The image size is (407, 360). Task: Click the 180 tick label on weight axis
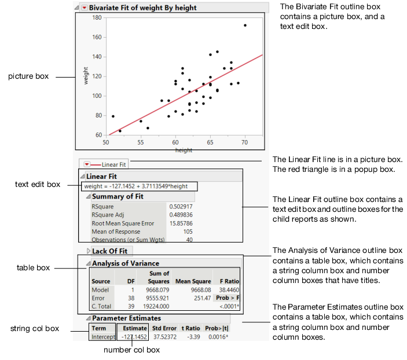tap(97, 17)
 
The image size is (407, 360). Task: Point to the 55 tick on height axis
tap(141, 141)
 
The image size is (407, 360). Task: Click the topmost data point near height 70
tap(245, 25)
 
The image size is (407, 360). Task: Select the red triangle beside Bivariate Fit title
tap(85, 8)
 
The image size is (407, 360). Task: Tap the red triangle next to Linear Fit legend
tap(87, 164)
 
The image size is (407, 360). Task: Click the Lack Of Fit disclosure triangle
tap(88, 251)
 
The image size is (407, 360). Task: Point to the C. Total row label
tap(101, 306)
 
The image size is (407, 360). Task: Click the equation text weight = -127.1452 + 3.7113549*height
tap(138, 186)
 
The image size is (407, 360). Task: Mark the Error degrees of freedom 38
tap(130, 297)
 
